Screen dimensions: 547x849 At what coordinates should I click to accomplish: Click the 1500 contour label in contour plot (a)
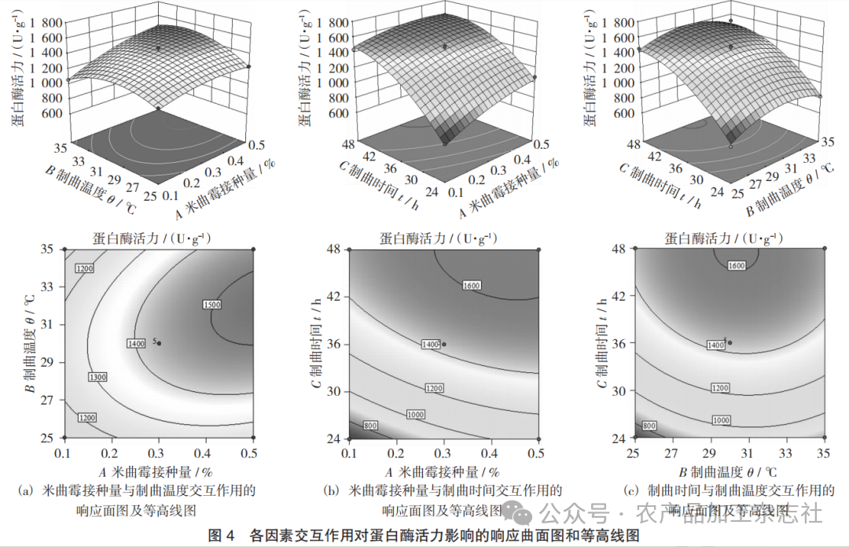[212, 305]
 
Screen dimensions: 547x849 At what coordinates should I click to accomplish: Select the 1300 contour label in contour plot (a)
[98, 378]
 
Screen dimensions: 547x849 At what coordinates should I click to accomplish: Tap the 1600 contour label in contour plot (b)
[471, 285]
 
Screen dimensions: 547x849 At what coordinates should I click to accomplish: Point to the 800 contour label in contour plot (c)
[649, 426]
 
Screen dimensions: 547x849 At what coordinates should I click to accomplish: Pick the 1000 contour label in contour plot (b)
[415, 415]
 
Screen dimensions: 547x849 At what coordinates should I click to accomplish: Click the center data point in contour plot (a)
[160, 343]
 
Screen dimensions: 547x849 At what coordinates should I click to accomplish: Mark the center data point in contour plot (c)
[730, 342]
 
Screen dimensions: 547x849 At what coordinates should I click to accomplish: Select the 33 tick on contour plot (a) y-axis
[48, 287]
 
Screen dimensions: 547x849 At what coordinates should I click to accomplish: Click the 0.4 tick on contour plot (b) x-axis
[491, 453]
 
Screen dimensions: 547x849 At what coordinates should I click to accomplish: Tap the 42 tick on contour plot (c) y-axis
[619, 296]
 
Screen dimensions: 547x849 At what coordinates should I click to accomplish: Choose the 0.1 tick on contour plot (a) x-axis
[65, 453]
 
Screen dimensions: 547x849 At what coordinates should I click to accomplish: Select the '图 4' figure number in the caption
[221, 535]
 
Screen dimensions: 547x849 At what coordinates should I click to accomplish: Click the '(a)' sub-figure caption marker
[25, 490]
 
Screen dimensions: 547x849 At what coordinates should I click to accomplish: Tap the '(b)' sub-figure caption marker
[331, 490]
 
